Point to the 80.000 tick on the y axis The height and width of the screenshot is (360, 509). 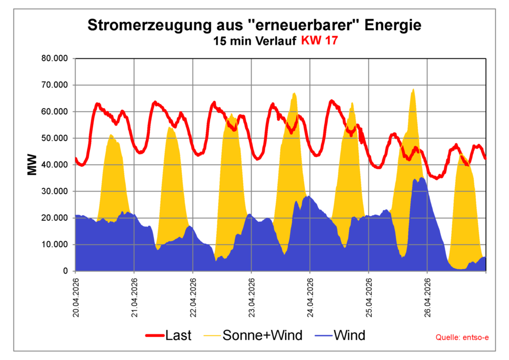click(54, 59)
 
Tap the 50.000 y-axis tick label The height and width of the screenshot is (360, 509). click(54, 138)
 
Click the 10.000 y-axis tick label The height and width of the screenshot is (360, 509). click(54, 245)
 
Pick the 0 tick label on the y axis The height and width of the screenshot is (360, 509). click(65, 271)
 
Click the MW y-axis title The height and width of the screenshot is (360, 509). click(32, 165)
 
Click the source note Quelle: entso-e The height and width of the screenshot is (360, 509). click(462, 338)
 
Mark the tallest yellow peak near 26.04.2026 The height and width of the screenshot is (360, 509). click(413, 90)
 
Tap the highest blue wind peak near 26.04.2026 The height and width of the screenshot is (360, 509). click(422, 178)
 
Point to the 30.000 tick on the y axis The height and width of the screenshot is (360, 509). click(54, 191)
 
